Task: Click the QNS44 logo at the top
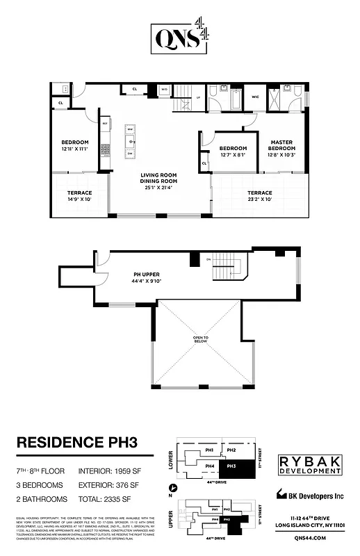pos(179,35)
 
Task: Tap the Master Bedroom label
pos(281,145)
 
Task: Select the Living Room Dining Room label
pos(158,178)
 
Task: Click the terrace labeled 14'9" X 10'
pos(79,196)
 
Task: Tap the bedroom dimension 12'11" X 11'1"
pos(75,149)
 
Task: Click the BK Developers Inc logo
pos(309,495)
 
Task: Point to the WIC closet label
pos(256,97)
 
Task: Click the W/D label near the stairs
pos(165,90)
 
